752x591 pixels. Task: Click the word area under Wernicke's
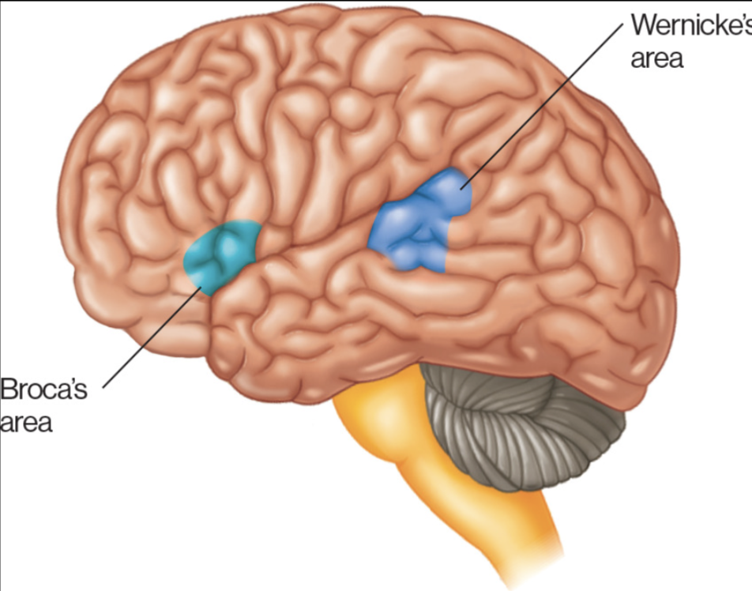pos(656,59)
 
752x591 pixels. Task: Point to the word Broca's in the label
pos(43,391)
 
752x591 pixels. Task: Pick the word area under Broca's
pos(26,423)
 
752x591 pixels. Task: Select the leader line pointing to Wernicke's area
pos(545,104)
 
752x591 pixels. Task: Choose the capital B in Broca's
pos(10,391)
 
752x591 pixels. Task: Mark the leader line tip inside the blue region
pos(461,186)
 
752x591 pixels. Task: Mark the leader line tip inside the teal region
pos(201,289)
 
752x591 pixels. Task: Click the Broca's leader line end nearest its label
pos(103,387)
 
